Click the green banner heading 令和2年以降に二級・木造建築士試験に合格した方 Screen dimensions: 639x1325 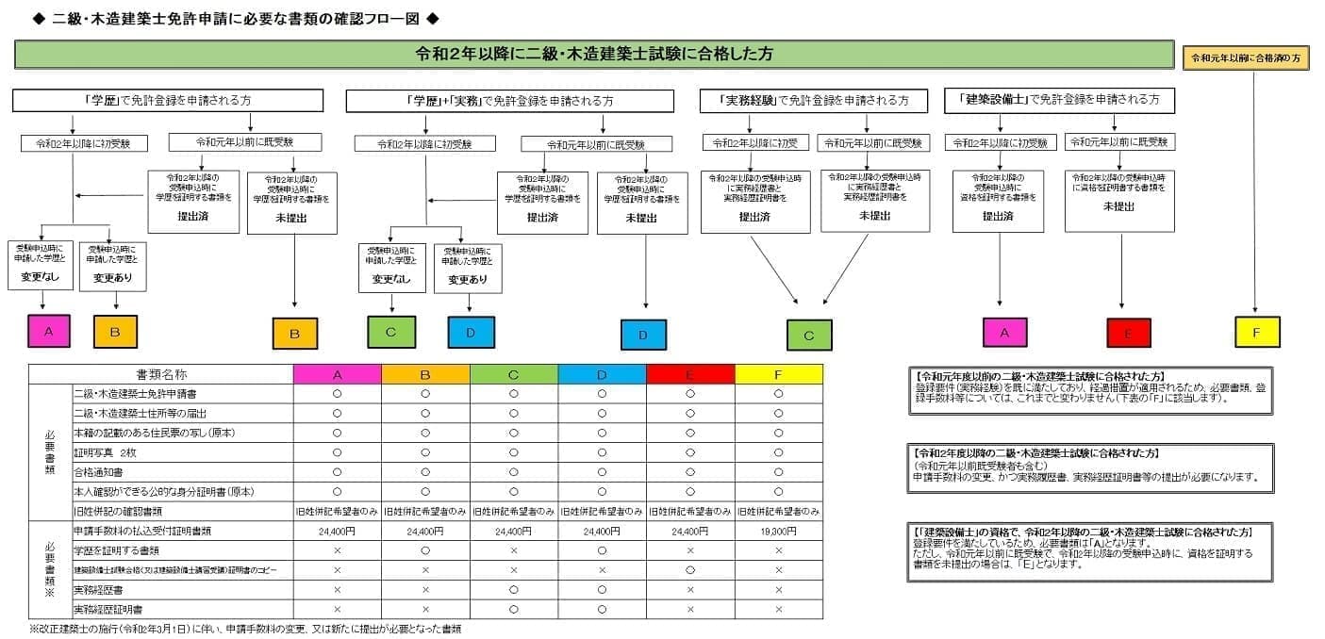coord(594,55)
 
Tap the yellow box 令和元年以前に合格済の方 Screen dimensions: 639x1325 coord(1245,57)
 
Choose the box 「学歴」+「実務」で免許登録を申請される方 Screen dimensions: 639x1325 coord(509,101)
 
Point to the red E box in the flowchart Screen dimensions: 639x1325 coord(1129,333)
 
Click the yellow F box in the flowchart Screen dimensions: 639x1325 coord(1257,332)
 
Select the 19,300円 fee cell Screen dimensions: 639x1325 coord(778,532)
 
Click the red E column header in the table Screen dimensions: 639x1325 coord(689,374)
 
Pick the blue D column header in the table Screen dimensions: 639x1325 coord(602,374)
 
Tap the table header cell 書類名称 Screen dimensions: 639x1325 coord(161,374)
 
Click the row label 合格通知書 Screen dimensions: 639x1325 coord(98,472)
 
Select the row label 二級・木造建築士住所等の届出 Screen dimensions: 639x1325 coord(140,413)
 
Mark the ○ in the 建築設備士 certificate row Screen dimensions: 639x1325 coord(689,570)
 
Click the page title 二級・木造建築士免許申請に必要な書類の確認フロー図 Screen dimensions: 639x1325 coord(236,19)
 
